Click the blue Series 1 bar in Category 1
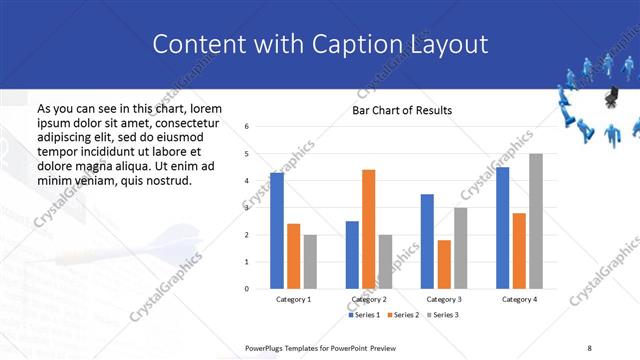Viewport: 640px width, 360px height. click(277, 231)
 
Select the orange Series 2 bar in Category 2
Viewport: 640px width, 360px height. click(369, 229)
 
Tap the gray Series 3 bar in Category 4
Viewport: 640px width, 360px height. click(536, 221)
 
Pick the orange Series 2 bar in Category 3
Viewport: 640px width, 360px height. click(445, 264)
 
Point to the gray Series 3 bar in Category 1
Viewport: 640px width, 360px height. click(310, 262)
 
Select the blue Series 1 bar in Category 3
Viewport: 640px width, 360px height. click(427, 241)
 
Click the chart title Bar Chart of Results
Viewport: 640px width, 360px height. click(402, 110)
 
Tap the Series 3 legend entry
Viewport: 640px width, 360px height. click(445, 316)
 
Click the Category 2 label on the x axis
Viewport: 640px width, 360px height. click(369, 299)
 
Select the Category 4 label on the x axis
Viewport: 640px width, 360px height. click(519, 299)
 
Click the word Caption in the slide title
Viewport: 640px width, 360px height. click(348, 45)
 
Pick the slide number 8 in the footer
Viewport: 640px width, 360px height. click(590, 347)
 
